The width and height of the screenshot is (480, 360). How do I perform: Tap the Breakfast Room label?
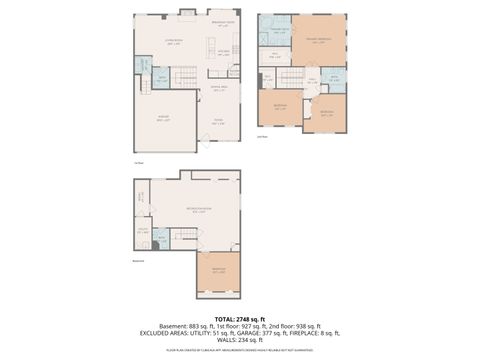coord(222,23)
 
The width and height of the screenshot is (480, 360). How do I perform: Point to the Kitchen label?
coord(224,49)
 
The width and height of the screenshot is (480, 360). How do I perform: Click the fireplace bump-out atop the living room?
coord(185,13)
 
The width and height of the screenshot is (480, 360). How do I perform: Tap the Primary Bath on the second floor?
coord(274,31)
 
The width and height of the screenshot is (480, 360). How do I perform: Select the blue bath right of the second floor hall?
coord(334,77)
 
